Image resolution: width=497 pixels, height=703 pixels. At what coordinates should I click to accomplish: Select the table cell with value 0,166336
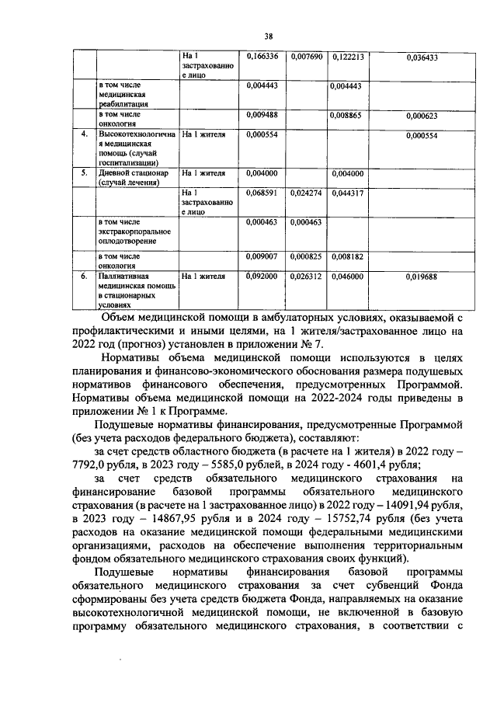pos(262,57)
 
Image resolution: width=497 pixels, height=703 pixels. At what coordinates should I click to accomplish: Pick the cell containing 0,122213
pos(349,57)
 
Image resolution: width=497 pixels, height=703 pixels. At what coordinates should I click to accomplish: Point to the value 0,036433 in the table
pos(422,57)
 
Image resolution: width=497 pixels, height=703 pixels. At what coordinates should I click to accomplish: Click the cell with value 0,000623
pos(422,116)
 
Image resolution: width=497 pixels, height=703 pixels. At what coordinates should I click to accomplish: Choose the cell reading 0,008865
pos(349,116)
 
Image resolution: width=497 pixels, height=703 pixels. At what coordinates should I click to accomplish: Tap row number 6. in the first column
pos(84,276)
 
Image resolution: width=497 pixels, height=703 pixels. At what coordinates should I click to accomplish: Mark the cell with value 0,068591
pos(262,193)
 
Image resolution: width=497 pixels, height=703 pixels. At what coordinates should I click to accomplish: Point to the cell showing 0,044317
pos(349,193)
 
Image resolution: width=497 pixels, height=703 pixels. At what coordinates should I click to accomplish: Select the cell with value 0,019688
pos(422,276)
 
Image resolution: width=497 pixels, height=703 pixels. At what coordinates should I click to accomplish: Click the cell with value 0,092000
pos(262,276)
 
